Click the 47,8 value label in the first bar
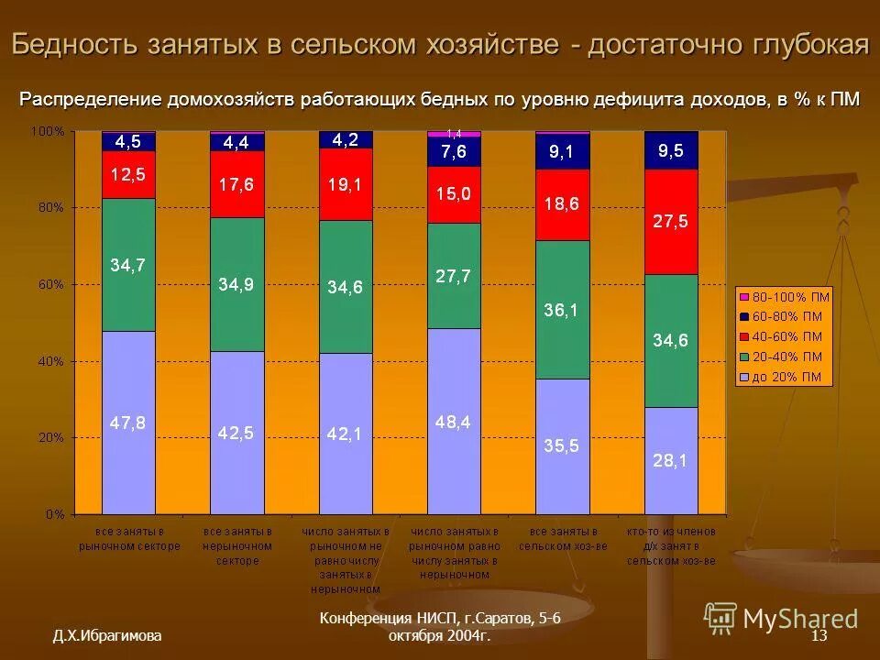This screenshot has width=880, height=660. point(128,423)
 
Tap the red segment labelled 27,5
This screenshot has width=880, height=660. point(671,222)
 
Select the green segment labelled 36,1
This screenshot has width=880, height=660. point(562,309)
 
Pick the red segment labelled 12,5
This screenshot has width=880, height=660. point(128,174)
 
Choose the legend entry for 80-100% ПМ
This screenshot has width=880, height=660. point(785,297)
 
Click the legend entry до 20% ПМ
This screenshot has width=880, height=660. point(785,376)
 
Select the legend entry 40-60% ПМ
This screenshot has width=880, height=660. point(785,336)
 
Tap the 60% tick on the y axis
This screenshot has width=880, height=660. point(49,284)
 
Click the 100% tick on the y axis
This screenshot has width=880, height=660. point(48,132)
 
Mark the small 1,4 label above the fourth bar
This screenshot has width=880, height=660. point(454,134)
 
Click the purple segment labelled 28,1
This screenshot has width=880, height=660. point(671,460)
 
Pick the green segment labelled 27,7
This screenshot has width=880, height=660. point(454,276)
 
